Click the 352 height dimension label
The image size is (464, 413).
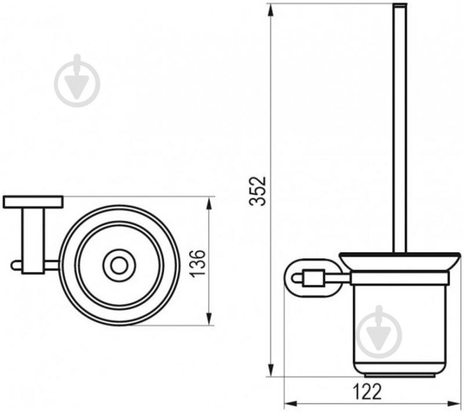click(258, 191)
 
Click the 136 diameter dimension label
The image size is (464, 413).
click(197, 263)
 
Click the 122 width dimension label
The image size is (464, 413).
click(368, 392)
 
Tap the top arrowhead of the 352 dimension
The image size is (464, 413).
click(271, 11)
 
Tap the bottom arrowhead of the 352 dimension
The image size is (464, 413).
click(271, 369)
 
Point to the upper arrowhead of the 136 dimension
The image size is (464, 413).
click(209, 204)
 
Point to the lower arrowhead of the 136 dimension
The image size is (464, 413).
click(209, 318)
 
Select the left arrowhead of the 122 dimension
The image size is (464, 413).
click(291, 404)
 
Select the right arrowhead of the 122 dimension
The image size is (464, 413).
click(454, 404)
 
